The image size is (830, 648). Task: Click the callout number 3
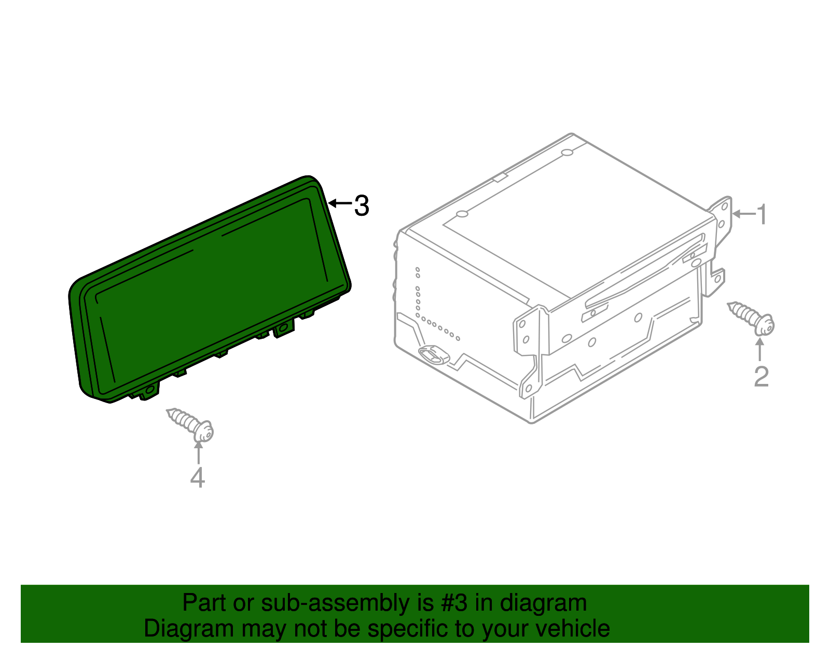[362, 205]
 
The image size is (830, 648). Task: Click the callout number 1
[762, 214]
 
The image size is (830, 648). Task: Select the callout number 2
[761, 377]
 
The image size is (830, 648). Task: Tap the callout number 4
[198, 477]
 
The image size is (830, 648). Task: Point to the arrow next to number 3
[340, 203]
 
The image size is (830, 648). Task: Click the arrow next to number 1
[744, 214]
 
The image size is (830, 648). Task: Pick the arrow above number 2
[760, 349]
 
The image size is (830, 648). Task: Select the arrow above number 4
[198, 452]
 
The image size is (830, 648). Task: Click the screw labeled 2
[751, 318]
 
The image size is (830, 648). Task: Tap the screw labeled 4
[190, 425]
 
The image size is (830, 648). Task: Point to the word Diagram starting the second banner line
[189, 629]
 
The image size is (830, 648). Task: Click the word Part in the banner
[204, 603]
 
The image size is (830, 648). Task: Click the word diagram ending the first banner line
[543, 603]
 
